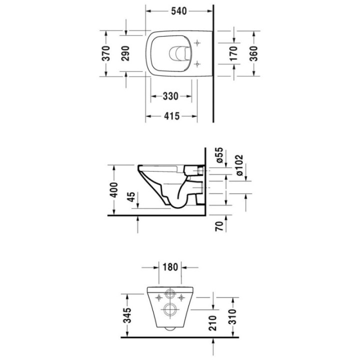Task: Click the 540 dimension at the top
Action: click(180, 10)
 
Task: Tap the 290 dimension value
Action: click(125, 53)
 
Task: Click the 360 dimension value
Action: click(253, 53)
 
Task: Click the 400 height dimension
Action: click(114, 190)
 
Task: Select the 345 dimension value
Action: click(127, 315)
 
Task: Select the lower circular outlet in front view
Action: click(169, 309)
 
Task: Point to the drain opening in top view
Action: click(178, 53)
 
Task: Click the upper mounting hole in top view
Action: click(199, 42)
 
